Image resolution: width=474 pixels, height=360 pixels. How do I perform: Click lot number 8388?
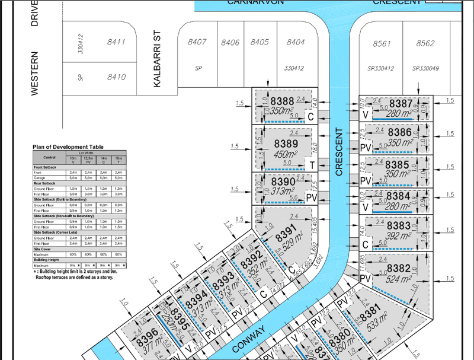point(283,101)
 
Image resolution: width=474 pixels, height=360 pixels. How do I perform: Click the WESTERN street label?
point(35,73)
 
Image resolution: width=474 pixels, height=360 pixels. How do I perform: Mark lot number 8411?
point(116,42)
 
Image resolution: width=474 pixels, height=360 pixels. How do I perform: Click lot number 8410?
point(116,77)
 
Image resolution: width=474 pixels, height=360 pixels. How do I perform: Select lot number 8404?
point(296,42)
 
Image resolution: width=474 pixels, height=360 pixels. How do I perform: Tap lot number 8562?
point(425,43)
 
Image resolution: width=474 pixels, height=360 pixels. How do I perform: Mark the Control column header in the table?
point(50,157)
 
